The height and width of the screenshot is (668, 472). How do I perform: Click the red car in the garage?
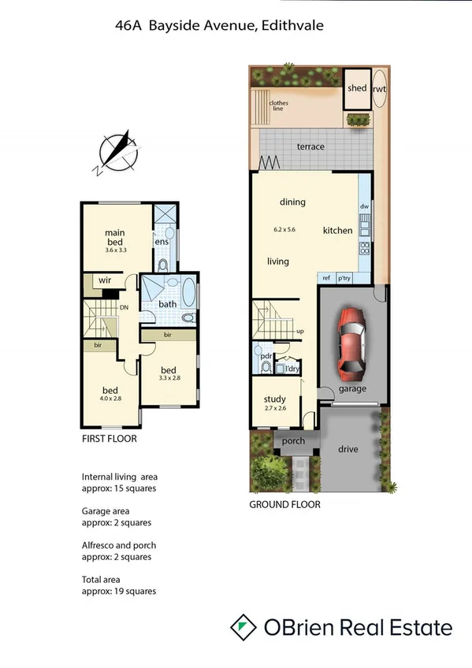coord(350,343)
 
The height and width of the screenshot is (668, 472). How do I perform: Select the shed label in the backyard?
coord(357,88)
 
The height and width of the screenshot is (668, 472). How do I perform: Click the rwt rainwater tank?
coord(379,89)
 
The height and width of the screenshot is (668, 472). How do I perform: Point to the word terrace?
coord(310,147)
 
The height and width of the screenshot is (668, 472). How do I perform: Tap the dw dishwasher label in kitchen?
coord(364,206)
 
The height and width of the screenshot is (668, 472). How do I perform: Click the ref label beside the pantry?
coord(325,278)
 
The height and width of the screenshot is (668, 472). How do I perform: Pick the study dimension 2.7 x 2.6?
coord(274,409)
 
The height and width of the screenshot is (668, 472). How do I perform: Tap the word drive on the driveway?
coord(347,448)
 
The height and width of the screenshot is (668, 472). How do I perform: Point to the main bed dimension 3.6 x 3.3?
coord(117,250)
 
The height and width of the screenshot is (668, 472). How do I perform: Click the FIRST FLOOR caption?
coord(109,439)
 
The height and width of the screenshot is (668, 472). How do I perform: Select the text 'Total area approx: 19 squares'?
coord(118,585)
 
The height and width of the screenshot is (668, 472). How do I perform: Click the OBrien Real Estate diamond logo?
coord(244,627)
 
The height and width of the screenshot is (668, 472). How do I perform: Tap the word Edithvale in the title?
coord(290,26)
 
